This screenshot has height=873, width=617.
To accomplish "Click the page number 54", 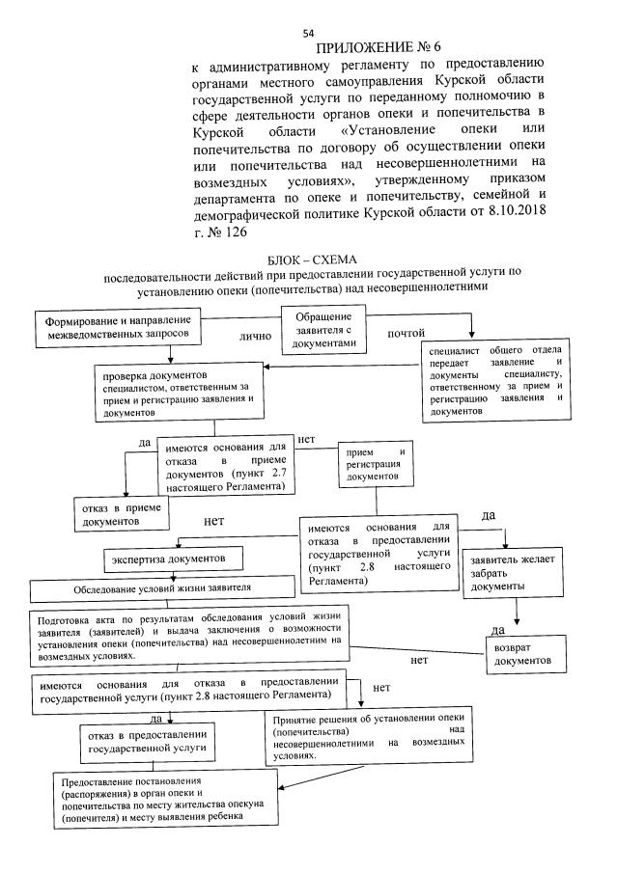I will pyautogui.click(x=308, y=32).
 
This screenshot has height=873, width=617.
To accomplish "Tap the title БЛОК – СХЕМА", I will pyautogui.click(x=310, y=260).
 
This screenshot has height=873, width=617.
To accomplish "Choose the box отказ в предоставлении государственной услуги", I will pyautogui.click(x=145, y=740).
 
